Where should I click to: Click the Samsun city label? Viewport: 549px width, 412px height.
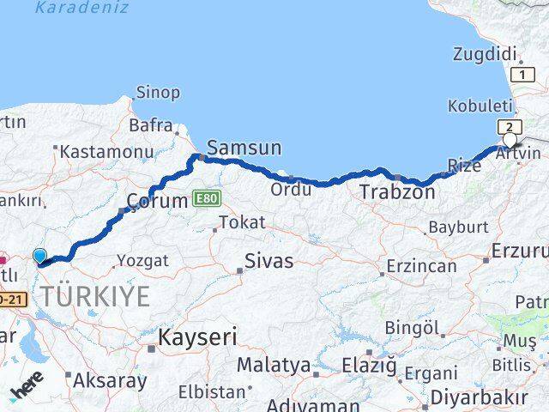[x=244, y=148]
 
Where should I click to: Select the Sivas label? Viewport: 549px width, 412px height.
[x=268, y=260]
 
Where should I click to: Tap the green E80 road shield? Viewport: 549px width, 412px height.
[x=207, y=198]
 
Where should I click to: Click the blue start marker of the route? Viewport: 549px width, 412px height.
[x=39, y=255]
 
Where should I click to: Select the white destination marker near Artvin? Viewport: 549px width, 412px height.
[x=510, y=140]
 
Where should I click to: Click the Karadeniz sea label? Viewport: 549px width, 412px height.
[x=82, y=8]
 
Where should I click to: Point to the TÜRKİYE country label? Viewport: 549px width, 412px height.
[x=95, y=297]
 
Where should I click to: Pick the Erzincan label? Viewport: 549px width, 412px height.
[x=421, y=266]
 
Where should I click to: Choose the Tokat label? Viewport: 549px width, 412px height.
[x=241, y=223]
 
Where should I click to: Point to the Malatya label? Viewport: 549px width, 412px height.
[x=274, y=365]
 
